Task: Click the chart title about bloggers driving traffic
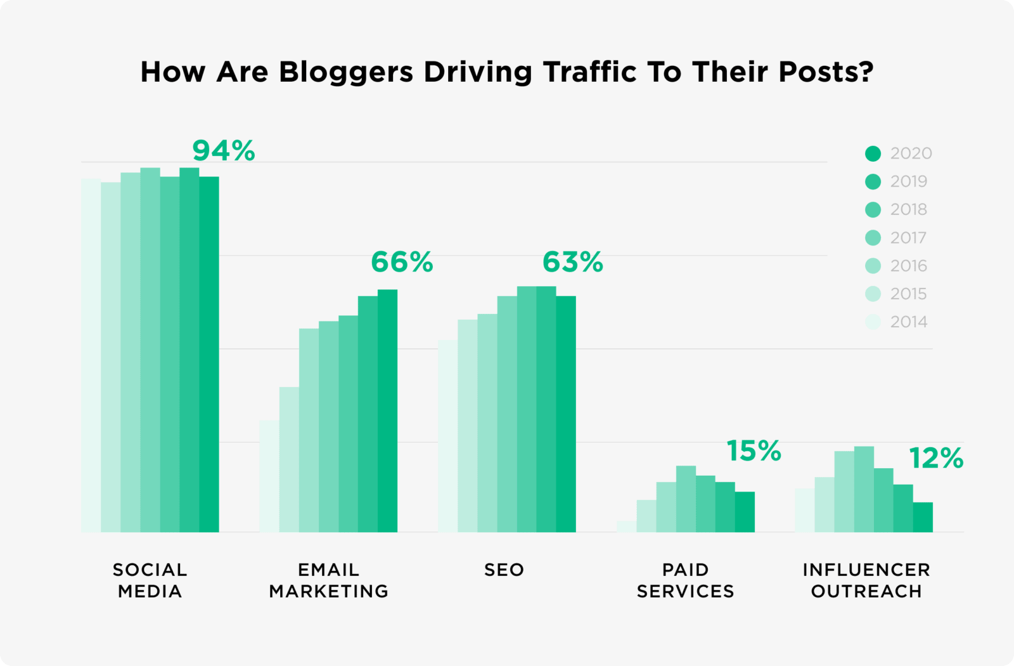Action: coord(507,72)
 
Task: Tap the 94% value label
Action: coord(224,151)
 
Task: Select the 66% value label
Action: coord(402,262)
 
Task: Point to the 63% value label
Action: coord(573,262)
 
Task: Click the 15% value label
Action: coord(754,451)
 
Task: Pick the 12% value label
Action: coord(936,458)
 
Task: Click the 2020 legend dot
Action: coord(873,153)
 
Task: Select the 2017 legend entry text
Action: coord(908,238)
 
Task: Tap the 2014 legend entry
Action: coord(908,322)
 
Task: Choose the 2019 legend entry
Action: coord(908,181)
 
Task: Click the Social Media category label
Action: coord(150,580)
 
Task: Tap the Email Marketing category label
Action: coord(329,580)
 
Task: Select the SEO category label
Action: coord(504,570)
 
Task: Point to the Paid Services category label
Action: coord(686,580)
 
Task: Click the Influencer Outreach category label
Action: coord(866,580)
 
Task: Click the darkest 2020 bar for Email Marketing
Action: coord(387,412)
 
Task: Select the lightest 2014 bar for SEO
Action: coord(447,438)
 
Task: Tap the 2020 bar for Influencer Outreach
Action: coord(923,518)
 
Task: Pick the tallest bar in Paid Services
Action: coord(686,500)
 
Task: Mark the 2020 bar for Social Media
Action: coord(209,355)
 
